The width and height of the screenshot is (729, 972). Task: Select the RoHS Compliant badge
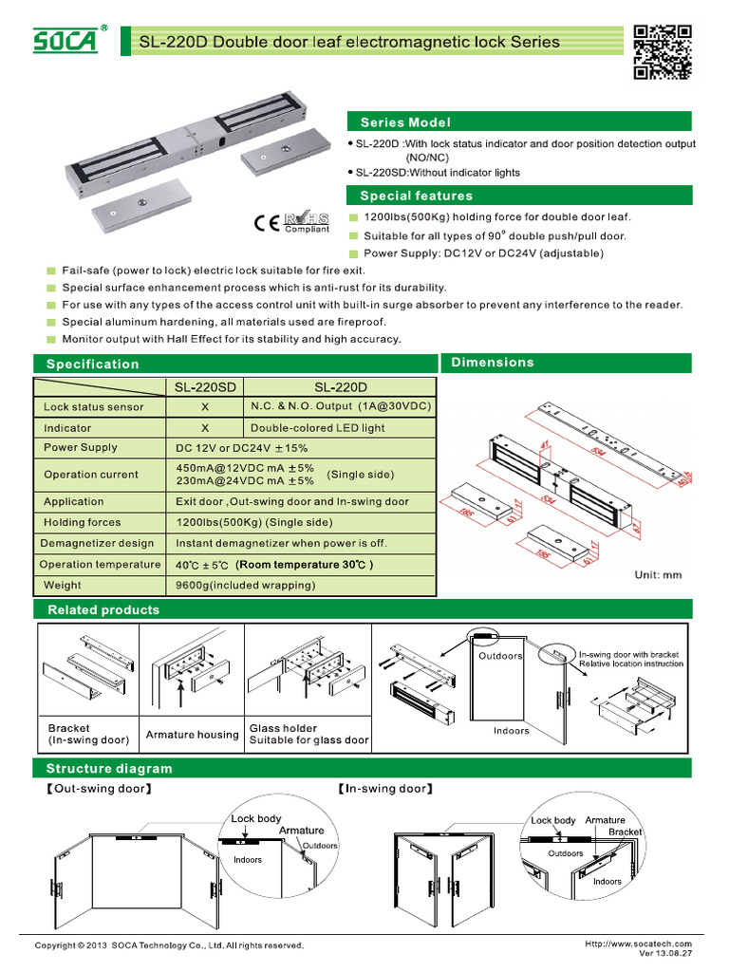tap(307, 223)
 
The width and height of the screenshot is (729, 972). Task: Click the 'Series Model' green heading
tap(405, 122)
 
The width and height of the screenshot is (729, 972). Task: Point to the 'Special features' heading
tap(416, 196)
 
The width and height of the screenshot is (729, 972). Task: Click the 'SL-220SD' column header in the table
tap(205, 387)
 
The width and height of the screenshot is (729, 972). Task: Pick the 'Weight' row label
tap(63, 586)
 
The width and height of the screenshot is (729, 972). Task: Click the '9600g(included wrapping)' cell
tap(246, 586)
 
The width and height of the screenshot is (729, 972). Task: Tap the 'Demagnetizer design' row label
tap(97, 544)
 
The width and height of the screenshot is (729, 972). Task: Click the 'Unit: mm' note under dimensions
tap(658, 575)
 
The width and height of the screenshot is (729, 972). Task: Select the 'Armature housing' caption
tap(192, 735)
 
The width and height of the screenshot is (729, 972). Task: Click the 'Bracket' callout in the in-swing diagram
tap(625, 832)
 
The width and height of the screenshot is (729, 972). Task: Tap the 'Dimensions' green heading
tap(493, 363)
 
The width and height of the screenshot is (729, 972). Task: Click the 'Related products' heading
tap(103, 609)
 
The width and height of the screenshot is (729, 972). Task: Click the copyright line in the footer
tap(169, 945)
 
